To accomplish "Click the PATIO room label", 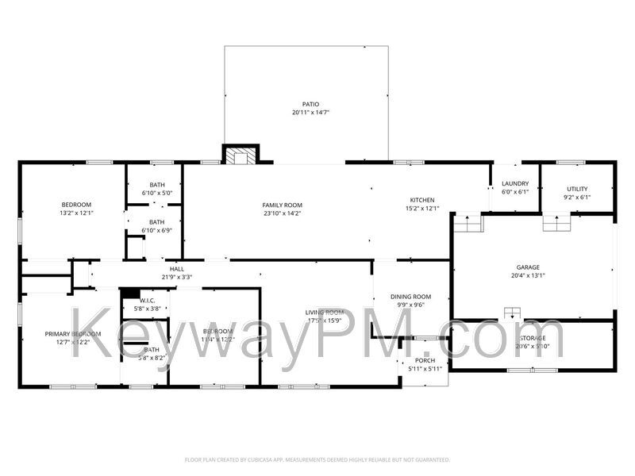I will (x=310, y=104).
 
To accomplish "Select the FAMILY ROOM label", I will (x=283, y=205).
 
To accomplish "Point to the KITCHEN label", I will (x=422, y=199).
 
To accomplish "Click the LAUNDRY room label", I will (x=515, y=183).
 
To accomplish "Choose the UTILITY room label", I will (x=577, y=189).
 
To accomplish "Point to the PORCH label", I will (x=425, y=360).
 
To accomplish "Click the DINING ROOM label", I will (x=410, y=297).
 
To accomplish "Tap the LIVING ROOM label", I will (x=324, y=312).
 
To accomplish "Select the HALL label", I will (x=176, y=268).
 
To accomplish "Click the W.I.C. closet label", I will (x=147, y=300).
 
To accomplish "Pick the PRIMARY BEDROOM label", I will (x=73, y=334).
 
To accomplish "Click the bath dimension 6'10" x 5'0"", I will (x=156, y=192).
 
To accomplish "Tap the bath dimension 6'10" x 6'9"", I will (x=156, y=231).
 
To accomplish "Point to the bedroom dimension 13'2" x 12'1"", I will (x=76, y=213).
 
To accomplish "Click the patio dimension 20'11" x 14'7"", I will (x=310, y=113).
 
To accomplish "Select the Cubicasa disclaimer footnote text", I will (x=317, y=459).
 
